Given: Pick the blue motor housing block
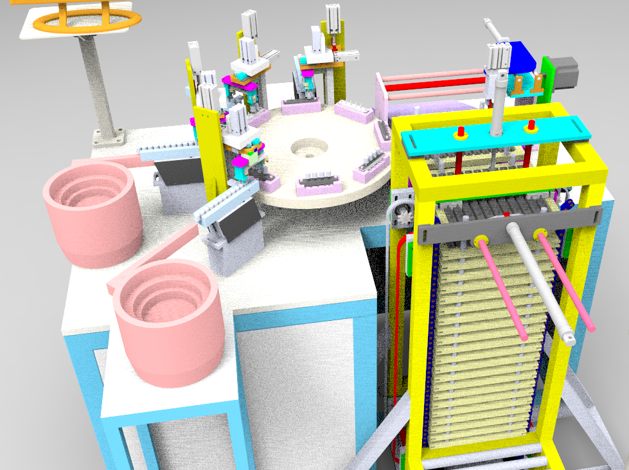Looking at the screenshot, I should tap(522, 61).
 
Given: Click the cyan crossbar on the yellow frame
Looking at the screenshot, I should tap(495, 137).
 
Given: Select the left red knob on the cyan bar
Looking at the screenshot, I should tap(460, 133).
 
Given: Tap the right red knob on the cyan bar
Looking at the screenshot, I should tap(531, 125).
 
